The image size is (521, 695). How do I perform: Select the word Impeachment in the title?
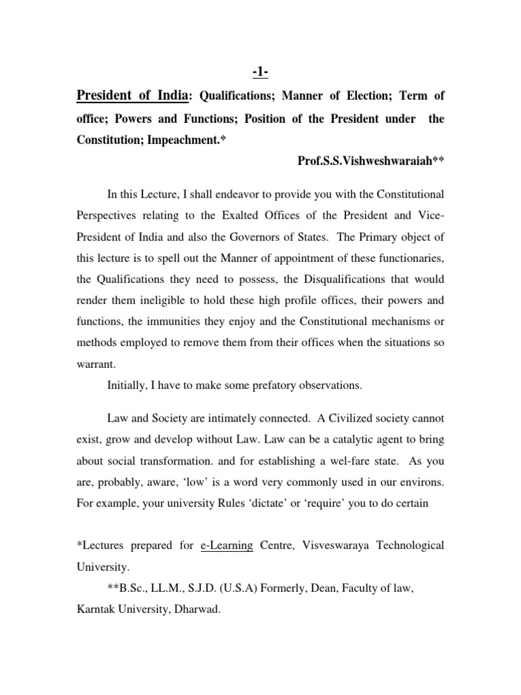tap(195, 140)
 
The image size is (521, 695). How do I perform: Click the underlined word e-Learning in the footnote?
tap(227, 546)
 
